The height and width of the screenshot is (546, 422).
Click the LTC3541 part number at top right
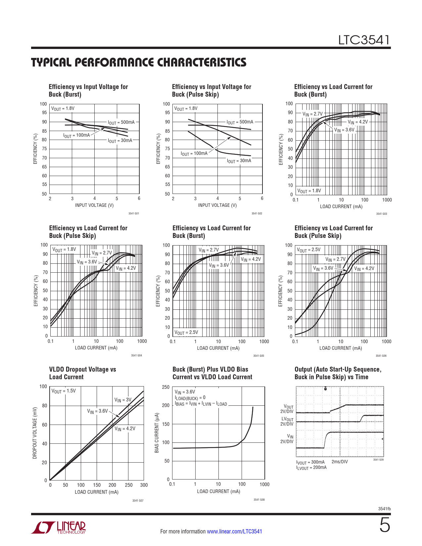(x=364, y=40)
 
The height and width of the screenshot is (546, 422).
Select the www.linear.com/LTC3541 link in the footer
(x=234, y=531)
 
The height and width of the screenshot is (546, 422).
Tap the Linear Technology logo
(x=59, y=527)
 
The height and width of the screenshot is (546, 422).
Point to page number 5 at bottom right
(x=384, y=525)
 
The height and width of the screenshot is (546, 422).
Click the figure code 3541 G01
(x=134, y=213)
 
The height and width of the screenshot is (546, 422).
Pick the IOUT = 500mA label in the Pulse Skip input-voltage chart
(x=240, y=122)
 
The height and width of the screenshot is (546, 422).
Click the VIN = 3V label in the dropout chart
(x=123, y=400)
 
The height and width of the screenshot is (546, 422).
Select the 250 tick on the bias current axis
(x=166, y=387)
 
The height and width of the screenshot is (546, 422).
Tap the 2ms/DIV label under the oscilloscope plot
(x=340, y=462)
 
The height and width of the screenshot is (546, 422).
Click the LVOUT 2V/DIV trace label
(x=287, y=421)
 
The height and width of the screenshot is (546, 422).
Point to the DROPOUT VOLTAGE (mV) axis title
(x=35, y=433)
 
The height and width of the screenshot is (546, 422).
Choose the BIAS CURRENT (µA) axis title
(x=157, y=433)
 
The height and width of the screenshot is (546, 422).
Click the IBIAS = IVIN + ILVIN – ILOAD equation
(x=201, y=404)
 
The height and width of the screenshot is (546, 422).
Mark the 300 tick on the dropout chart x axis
(x=144, y=485)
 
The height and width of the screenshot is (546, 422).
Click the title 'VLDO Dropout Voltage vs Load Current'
(x=82, y=373)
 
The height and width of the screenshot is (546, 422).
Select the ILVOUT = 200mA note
(x=311, y=468)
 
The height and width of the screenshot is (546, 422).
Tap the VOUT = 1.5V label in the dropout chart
(x=64, y=391)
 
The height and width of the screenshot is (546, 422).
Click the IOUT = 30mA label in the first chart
(x=120, y=141)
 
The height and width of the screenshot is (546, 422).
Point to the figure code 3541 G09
(x=378, y=460)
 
